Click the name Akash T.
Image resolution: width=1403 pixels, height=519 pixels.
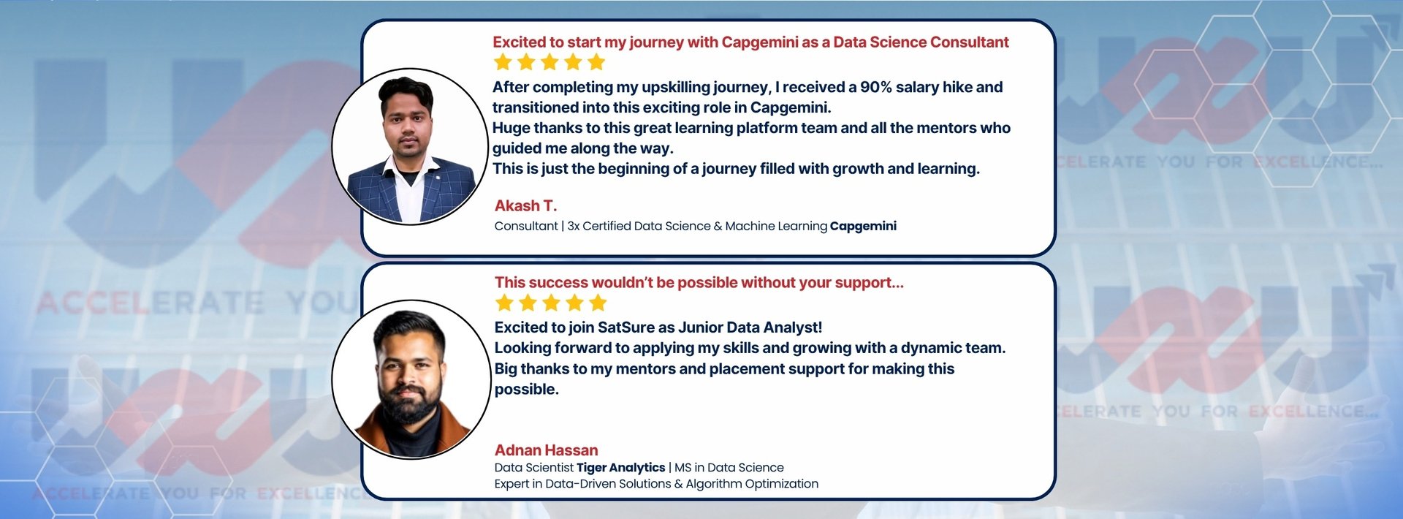point(525,206)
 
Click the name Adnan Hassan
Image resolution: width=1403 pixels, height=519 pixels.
point(546,450)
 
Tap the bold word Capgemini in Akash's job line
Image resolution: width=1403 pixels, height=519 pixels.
point(863,227)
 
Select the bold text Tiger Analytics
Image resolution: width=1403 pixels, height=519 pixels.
point(620,468)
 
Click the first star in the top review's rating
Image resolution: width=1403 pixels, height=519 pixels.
point(503,62)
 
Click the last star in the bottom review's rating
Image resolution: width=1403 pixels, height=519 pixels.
point(598,303)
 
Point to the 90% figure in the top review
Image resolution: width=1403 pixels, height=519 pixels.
point(875,87)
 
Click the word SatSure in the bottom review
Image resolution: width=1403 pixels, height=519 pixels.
point(626,327)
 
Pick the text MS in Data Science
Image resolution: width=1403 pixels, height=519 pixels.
point(729,468)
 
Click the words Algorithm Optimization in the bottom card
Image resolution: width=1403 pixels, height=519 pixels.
point(752,484)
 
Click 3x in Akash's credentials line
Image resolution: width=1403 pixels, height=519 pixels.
point(574,227)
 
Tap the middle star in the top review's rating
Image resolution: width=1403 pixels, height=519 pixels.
point(550,62)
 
